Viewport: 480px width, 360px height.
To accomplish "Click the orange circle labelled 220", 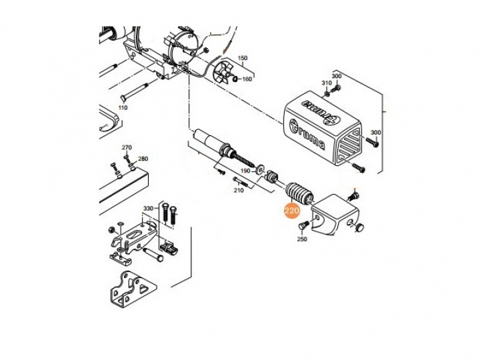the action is [292, 210].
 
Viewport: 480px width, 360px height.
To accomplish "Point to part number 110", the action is [123, 108].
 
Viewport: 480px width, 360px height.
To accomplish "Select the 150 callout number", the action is [242, 58].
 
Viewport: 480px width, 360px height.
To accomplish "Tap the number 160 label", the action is [247, 79].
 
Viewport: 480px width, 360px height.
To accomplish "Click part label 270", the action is [127, 147].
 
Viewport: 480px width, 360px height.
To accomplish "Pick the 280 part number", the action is [143, 159].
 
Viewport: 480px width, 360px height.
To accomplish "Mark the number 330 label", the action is [149, 209].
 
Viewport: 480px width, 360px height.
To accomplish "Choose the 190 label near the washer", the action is [245, 171].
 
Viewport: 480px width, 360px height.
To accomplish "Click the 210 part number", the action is [239, 191].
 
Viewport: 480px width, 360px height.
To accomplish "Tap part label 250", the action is [302, 239].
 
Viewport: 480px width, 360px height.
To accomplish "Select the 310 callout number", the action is [326, 83].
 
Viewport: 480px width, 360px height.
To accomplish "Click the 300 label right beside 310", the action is [337, 76].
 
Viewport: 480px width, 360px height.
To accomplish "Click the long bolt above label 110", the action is [133, 93].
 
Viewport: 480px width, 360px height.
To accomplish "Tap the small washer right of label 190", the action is [261, 169].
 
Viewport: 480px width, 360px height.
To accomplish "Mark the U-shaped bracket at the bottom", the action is [132, 289].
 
